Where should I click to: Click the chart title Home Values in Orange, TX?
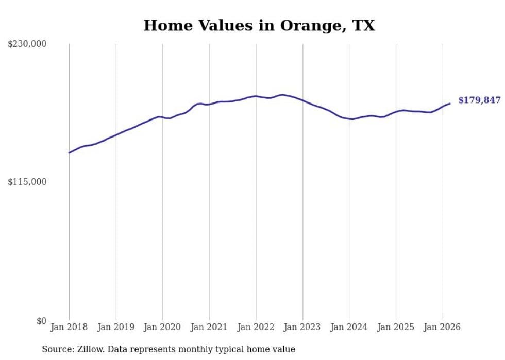click(x=259, y=25)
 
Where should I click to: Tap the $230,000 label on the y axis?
click(x=27, y=44)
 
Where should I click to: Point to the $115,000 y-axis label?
click(x=27, y=182)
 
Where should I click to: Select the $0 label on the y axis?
click(x=41, y=321)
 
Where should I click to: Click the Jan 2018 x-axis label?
click(x=69, y=327)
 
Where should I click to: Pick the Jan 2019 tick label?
click(x=116, y=327)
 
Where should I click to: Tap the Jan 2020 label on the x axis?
click(x=162, y=327)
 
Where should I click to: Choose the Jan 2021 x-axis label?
click(x=209, y=327)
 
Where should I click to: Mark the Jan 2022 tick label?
click(x=256, y=327)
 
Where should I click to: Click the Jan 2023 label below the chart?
click(x=302, y=327)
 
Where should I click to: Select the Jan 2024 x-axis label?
click(x=349, y=327)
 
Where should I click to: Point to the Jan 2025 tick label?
click(x=396, y=327)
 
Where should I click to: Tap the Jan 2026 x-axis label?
click(x=442, y=327)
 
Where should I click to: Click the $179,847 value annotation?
click(x=479, y=100)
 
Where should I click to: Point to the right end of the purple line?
click(x=450, y=104)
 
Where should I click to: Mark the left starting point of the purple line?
click(x=69, y=152)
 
